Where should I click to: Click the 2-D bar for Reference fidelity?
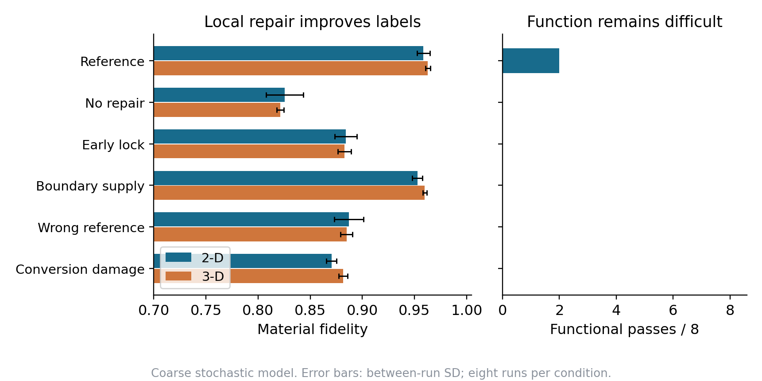point(288,53)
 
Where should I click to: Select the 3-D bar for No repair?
point(217,110)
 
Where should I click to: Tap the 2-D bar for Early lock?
point(250,136)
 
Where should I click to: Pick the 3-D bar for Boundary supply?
point(289,193)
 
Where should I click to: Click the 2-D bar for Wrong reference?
point(251,219)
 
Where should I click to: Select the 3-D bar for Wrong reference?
point(250,234)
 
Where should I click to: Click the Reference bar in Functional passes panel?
point(531,61)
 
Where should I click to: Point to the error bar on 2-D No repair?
point(285,95)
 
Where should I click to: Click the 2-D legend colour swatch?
point(178,257)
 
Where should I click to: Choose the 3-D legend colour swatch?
point(178,276)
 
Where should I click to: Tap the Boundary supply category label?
point(90,186)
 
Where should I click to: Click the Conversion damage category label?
point(80,269)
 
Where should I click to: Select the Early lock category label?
point(113,145)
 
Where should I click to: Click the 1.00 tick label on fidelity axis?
point(467,310)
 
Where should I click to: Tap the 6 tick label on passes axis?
point(673,310)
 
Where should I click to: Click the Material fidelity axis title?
point(313,329)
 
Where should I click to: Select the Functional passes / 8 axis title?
point(624,329)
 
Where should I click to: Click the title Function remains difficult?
point(624,22)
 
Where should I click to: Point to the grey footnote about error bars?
point(381,373)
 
